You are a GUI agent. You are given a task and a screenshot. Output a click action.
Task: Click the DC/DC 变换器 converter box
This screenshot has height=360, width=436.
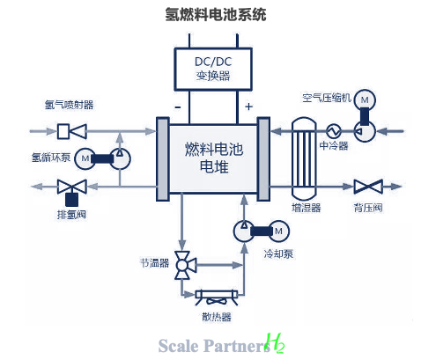213,70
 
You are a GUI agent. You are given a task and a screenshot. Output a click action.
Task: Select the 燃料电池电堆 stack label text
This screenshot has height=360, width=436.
214,158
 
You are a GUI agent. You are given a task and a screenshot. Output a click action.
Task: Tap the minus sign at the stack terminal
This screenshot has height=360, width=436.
178,107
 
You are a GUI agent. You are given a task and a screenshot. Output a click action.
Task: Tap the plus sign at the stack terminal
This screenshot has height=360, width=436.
248,107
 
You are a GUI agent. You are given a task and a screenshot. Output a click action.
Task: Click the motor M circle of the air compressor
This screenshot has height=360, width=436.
365,100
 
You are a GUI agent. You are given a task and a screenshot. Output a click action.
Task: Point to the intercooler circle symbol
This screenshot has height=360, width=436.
334,131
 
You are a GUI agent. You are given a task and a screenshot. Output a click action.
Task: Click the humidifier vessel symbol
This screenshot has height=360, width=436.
304,158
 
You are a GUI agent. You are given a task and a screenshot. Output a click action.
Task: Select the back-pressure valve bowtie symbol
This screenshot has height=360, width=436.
368,187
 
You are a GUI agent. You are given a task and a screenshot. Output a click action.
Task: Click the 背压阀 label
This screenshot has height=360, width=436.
368,208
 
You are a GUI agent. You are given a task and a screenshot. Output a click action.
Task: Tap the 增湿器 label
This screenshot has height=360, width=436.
306,208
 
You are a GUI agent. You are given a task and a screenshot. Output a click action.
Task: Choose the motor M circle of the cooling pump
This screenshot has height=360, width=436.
278,231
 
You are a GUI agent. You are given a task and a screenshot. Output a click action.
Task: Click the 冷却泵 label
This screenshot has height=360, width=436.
278,253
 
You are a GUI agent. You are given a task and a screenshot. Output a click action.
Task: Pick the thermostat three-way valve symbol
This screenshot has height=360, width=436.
185,265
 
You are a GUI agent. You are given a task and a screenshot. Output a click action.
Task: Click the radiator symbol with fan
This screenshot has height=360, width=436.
217,298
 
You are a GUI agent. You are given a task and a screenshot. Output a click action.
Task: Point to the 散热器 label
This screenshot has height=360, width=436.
217,317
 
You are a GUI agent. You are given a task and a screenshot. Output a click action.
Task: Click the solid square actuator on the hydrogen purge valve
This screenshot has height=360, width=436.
71,200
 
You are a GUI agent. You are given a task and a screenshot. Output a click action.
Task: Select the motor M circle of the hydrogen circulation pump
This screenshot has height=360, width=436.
85,158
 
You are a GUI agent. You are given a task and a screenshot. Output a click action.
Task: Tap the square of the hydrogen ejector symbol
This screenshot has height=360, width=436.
63,131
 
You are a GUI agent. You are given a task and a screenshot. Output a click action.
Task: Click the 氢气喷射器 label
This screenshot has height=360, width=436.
69,105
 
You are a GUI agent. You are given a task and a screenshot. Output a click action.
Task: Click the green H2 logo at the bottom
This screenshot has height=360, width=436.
275,343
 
